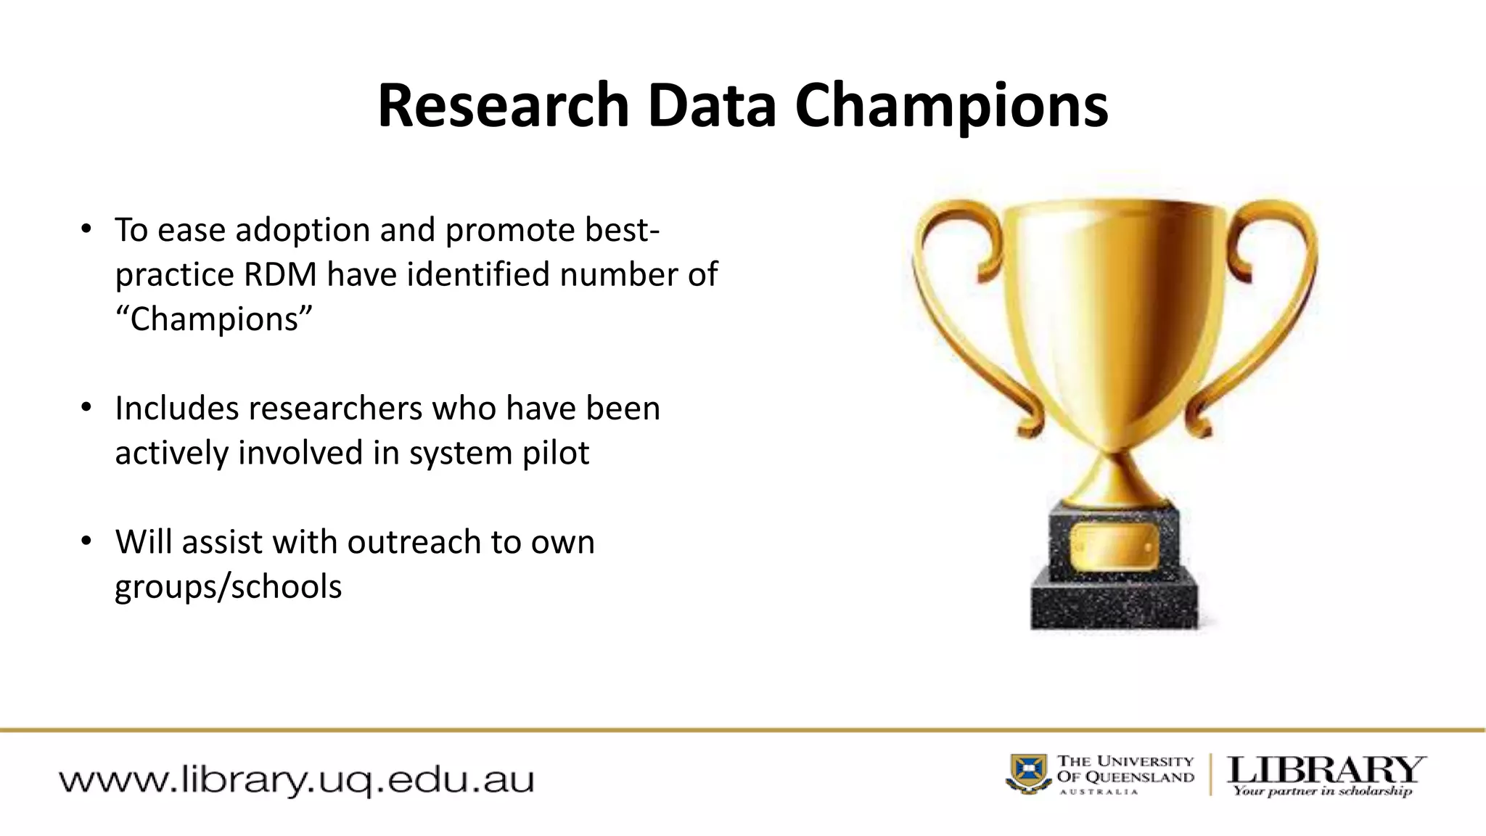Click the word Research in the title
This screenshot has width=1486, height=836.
tap(502, 106)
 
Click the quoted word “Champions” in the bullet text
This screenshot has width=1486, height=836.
tap(213, 319)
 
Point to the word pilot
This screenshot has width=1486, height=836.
tap(555, 453)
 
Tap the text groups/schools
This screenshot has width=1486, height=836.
tap(228, 586)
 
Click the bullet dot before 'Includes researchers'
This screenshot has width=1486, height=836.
tap(86, 408)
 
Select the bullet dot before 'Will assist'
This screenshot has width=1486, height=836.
tap(86, 541)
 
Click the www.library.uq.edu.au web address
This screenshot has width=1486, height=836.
tap(296, 781)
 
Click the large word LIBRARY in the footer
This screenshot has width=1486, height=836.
tap(1325, 770)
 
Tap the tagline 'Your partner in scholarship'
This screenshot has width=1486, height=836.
tap(1322, 791)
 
